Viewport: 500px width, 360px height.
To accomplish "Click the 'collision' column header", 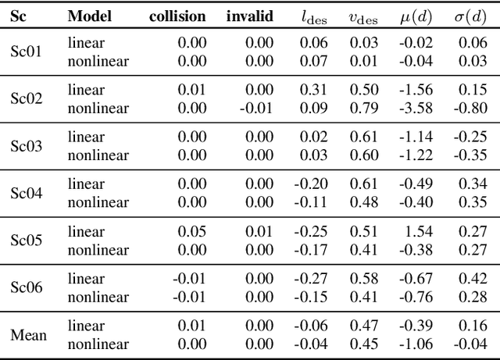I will [179, 16].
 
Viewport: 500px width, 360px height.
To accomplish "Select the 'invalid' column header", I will [250, 16].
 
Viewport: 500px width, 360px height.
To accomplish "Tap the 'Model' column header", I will [89, 16].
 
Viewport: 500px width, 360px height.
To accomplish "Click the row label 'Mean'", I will [28, 336].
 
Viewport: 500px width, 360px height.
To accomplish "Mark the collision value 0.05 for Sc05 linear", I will [192, 232].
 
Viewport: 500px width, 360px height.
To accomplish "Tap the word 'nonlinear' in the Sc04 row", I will [98, 202].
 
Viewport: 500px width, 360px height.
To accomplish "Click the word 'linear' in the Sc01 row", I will [86, 43].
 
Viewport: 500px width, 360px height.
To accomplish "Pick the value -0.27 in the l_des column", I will [310, 280].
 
